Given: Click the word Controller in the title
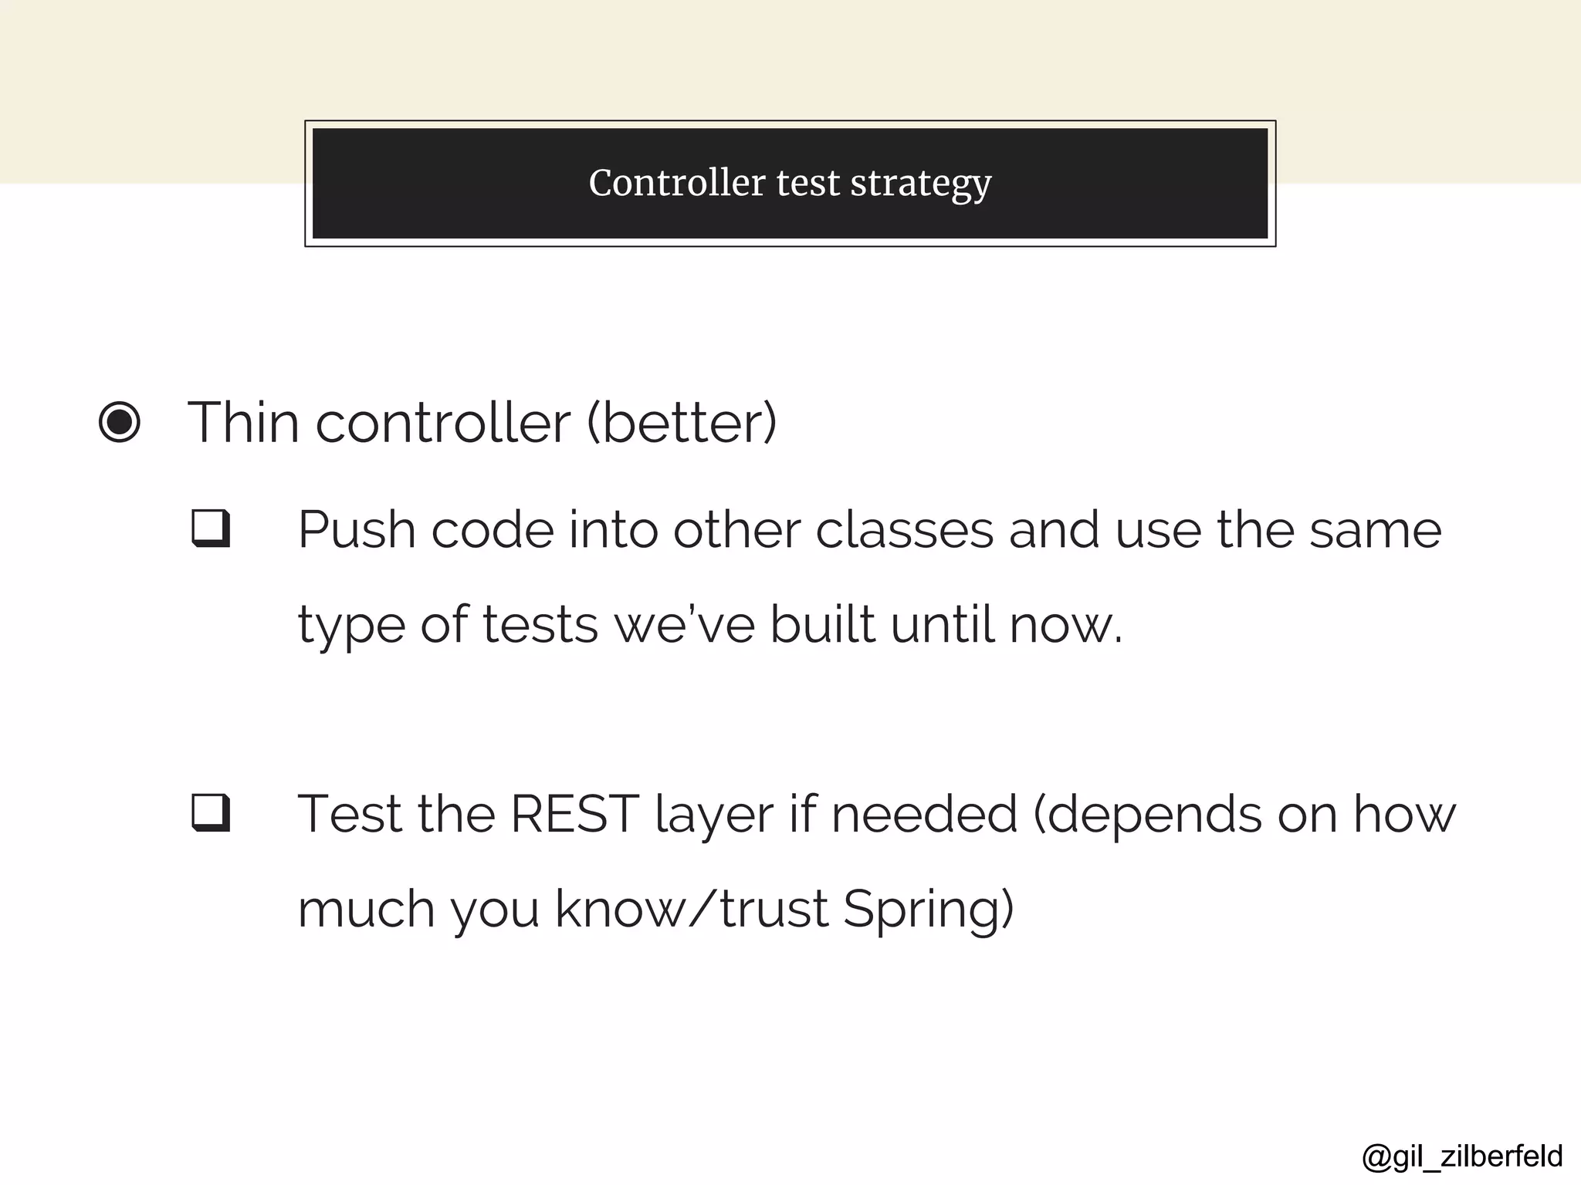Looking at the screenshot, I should [x=677, y=184].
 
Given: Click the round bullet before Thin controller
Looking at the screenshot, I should [x=120, y=423].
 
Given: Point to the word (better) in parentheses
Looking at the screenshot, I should [x=682, y=423].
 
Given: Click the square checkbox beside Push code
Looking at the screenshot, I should [x=211, y=528].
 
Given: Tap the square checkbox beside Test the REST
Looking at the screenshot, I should [x=211, y=813].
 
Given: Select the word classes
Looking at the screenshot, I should [x=904, y=531].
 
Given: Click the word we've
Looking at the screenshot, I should [x=684, y=625].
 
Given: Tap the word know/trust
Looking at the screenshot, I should [x=691, y=910].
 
